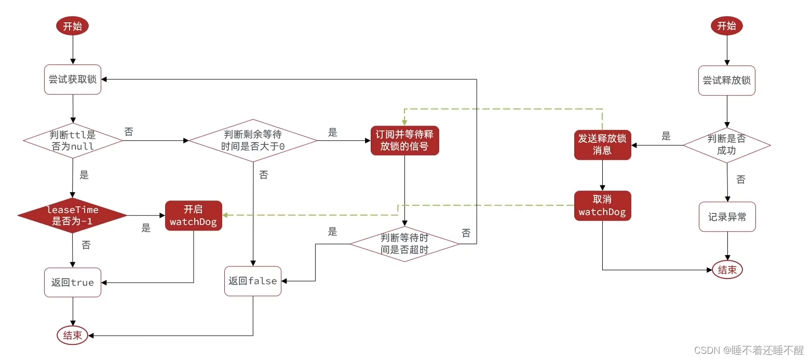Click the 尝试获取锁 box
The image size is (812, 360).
pyautogui.click(x=72, y=79)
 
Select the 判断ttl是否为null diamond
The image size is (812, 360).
pyautogui.click(x=73, y=140)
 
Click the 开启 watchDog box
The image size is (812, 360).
pyautogui.click(x=193, y=216)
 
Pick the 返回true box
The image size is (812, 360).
pyautogui.click(x=72, y=283)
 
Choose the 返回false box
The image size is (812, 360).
pyautogui.click(x=253, y=281)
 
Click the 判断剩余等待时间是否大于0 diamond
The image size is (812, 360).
pyautogui.click(x=253, y=140)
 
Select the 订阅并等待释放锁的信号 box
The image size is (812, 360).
pyautogui.click(x=404, y=140)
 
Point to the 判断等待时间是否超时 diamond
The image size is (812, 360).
pyautogui.click(x=404, y=244)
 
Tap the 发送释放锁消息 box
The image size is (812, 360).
pyautogui.click(x=602, y=144)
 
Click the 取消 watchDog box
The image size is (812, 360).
pyautogui.click(x=602, y=206)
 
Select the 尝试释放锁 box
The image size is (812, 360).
pyautogui.click(x=727, y=81)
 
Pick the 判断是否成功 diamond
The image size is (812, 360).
pyautogui.click(x=727, y=145)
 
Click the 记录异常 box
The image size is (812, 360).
pyautogui.click(x=727, y=217)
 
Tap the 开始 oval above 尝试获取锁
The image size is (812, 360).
pyautogui.click(x=72, y=27)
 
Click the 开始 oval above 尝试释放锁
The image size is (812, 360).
pyautogui.click(x=726, y=26)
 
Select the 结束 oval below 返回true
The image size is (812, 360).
pyautogui.click(x=72, y=336)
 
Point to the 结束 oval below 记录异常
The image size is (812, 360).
pyautogui.click(x=727, y=270)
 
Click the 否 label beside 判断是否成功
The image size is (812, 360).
pyautogui.click(x=741, y=180)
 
